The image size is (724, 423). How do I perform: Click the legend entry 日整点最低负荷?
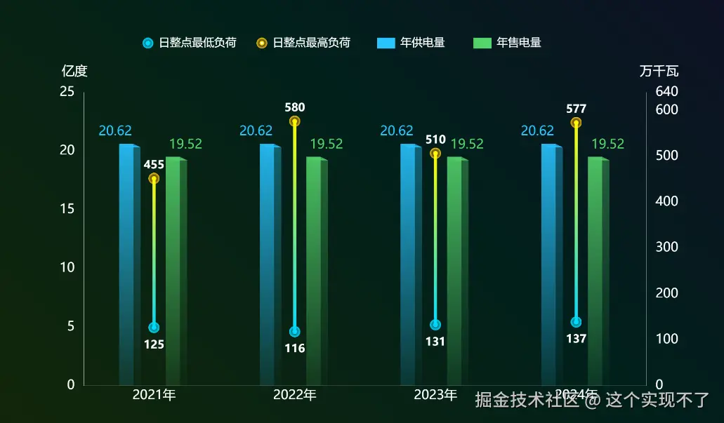(189, 43)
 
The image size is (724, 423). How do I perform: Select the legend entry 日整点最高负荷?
(303, 43)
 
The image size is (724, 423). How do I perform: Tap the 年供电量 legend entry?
(411, 43)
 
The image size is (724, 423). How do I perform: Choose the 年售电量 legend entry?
(508, 43)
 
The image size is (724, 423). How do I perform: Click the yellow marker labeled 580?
(295, 121)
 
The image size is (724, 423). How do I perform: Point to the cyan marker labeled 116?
(295, 332)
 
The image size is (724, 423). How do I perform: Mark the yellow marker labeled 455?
(154, 179)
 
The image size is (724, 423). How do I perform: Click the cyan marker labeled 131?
(435, 325)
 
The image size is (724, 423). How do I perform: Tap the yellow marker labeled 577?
(577, 123)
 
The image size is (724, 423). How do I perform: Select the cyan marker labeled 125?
(154, 328)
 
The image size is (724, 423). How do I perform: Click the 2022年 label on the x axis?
(295, 395)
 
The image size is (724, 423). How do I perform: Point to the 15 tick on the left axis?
(67, 209)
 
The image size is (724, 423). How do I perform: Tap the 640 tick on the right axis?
(666, 92)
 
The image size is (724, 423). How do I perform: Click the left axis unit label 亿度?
(74, 71)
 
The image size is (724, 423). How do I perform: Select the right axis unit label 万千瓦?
(659, 71)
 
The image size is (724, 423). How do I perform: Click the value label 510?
(435, 140)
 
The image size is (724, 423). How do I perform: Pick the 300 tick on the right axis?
(666, 247)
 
